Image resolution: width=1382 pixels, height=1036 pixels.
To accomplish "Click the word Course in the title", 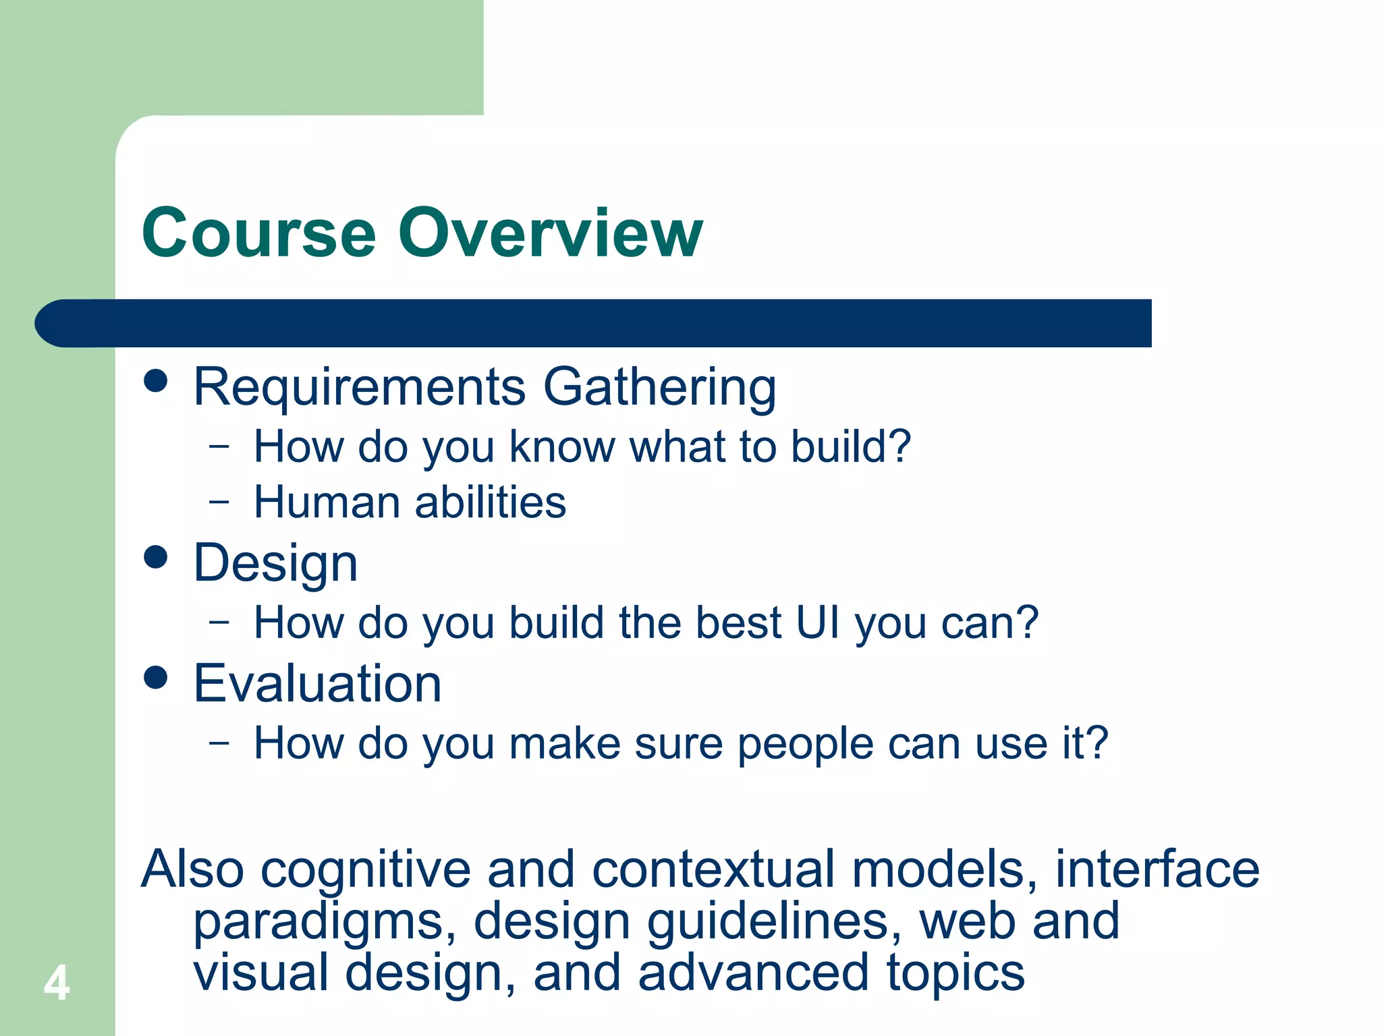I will click(258, 233).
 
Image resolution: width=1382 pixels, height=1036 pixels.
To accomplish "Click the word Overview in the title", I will click(550, 233).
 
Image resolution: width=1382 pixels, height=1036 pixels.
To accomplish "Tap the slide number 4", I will click(57, 983).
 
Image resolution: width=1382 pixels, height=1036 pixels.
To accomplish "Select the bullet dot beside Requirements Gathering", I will click(156, 380).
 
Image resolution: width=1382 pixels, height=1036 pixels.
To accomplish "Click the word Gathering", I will click(659, 388).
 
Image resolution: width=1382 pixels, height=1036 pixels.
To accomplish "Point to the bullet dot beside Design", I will click(156, 557).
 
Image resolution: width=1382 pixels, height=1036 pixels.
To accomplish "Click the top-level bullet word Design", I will click(275, 565).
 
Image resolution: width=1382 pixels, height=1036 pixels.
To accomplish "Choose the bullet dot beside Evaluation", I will click(156, 677).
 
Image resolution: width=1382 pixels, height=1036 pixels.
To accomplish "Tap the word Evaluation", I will click(317, 684).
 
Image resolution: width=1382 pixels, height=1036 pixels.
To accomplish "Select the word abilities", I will click(491, 502).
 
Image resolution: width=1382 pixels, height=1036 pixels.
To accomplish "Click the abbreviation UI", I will click(818, 623).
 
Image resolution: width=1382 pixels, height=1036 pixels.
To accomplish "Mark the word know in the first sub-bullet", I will click(561, 447).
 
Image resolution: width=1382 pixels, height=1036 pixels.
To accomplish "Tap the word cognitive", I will click(365, 870).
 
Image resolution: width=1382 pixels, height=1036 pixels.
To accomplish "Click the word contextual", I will click(713, 870).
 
